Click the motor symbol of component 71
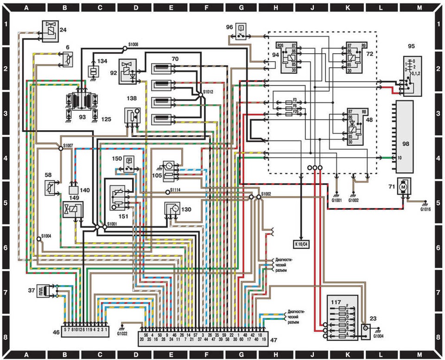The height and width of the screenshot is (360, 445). coord(403,186)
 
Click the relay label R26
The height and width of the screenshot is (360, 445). coord(280,46)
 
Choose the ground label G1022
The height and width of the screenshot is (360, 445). coord(122,333)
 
